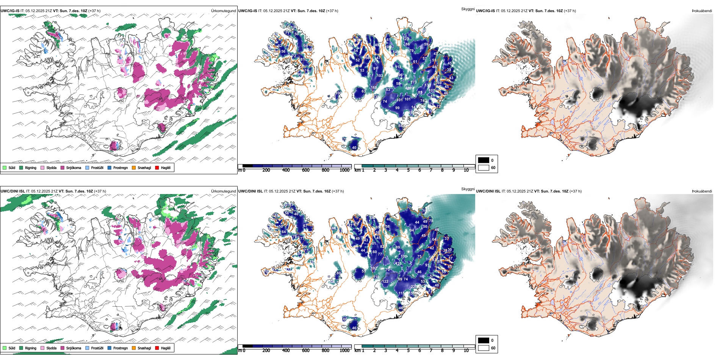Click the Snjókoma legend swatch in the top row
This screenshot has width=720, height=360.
tap(63, 167)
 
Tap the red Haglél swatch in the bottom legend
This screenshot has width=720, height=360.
tap(157, 348)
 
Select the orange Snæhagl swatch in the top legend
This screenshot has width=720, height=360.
tap(134, 167)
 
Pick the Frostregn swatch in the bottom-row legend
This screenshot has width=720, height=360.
tap(110, 348)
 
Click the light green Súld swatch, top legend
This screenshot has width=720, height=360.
tap(5, 167)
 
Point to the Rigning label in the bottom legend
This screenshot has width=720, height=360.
tap(31, 348)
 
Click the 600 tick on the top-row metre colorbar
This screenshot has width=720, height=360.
tap(306, 170)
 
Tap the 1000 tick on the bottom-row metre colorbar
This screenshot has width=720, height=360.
tap(344, 351)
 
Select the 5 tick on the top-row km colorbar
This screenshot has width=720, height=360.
tap(409, 170)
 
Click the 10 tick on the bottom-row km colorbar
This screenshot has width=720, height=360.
tap(466, 351)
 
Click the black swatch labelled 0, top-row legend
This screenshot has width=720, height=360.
tap(484, 160)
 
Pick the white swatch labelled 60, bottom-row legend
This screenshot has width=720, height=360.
tap(484, 348)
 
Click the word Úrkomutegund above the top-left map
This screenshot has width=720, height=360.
tap(223, 11)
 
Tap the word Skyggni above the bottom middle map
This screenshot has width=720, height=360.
tap(468, 189)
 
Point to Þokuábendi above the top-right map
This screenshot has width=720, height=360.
tap(702, 11)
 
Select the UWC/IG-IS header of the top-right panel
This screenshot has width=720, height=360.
tap(485, 11)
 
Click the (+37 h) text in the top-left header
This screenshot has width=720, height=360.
tap(94, 11)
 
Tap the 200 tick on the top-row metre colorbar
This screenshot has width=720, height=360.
tap(266, 170)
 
